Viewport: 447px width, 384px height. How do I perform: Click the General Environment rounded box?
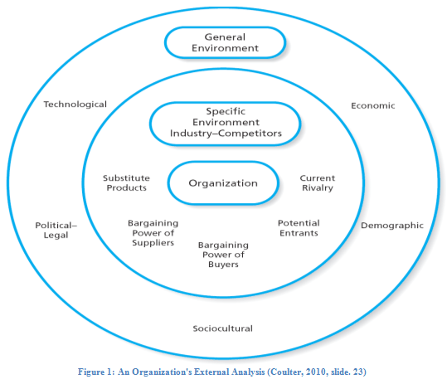point(225,42)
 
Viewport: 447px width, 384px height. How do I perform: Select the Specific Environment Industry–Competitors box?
point(225,123)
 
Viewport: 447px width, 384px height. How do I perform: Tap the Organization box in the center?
point(223,183)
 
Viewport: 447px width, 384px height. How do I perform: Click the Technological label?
point(75,105)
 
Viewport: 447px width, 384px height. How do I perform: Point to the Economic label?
point(372,105)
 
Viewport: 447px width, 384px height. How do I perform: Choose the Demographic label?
point(391,225)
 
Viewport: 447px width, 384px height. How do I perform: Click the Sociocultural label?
point(223,328)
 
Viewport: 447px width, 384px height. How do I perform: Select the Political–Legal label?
point(51,230)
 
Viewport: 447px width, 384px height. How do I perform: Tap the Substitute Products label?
point(125,182)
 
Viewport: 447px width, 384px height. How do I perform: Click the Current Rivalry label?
point(317,182)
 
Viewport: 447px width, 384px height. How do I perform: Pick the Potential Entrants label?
point(299,228)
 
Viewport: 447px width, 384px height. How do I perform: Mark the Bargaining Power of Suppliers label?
point(153,233)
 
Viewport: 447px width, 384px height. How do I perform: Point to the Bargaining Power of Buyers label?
point(223,255)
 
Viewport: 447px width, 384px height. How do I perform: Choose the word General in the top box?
point(224,36)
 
